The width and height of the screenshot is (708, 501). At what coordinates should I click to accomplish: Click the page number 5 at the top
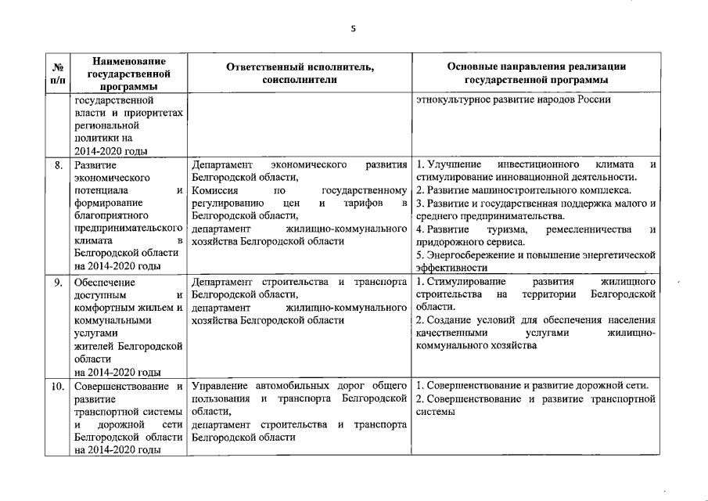(x=354, y=29)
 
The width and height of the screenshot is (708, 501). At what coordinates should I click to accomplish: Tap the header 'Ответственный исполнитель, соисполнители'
(x=300, y=74)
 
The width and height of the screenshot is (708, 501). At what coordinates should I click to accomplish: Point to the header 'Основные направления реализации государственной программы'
(x=536, y=74)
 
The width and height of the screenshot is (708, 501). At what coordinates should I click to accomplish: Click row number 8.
(x=59, y=166)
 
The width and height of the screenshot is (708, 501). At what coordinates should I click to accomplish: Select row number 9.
(x=59, y=283)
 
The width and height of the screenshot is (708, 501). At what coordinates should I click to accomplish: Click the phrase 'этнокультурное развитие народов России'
(x=513, y=101)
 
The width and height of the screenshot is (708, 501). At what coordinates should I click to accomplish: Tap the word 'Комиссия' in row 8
(x=214, y=190)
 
